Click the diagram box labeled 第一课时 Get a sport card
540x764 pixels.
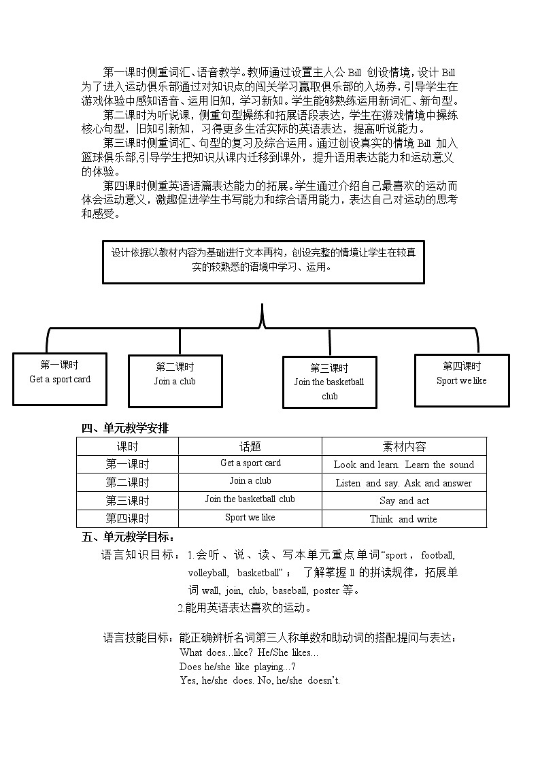point(60,379)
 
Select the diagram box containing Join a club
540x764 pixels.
point(175,380)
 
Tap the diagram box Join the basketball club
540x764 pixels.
point(330,382)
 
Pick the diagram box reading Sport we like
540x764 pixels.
point(462,380)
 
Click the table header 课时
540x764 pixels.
point(127,446)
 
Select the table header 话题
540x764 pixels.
point(250,446)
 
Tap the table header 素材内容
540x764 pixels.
point(404,446)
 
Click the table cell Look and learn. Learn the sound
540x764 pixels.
point(404,465)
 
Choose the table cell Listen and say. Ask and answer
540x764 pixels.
point(404,483)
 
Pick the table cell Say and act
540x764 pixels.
point(404,501)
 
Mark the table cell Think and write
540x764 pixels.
point(404,519)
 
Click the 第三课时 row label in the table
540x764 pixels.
point(127,501)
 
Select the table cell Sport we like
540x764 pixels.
point(250,518)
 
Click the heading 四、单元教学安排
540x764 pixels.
point(125,428)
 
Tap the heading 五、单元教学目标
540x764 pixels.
point(129,537)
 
